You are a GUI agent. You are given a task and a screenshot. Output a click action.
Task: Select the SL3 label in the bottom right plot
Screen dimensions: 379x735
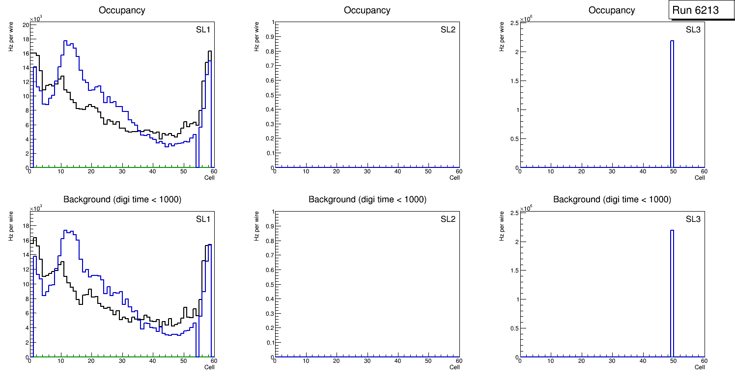coord(693,219)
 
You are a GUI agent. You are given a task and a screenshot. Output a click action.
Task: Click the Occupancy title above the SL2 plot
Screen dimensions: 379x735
coord(367,10)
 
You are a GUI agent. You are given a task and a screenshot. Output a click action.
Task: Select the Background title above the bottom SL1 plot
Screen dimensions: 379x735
coord(122,199)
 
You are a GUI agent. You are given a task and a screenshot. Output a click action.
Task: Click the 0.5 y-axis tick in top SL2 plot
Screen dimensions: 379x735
coord(269,95)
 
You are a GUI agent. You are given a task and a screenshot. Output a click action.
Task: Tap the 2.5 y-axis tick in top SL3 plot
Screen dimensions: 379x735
coord(514,23)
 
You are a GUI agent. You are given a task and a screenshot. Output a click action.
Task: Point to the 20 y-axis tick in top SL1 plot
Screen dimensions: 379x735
coord(25,25)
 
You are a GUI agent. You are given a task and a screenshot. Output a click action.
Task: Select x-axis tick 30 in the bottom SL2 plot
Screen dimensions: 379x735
coord(367,362)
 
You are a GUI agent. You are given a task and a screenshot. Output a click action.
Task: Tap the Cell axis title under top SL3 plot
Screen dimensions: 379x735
coord(700,178)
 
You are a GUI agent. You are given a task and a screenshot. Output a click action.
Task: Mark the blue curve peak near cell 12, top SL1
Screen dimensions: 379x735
coord(65,42)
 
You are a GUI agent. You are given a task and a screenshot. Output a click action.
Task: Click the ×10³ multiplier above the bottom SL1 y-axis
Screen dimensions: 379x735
coord(36,209)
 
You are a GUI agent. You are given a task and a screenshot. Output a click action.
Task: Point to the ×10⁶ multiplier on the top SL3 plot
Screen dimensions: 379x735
coord(526,19)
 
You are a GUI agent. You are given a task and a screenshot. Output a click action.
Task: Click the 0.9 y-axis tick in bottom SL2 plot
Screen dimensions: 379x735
coord(269,226)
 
